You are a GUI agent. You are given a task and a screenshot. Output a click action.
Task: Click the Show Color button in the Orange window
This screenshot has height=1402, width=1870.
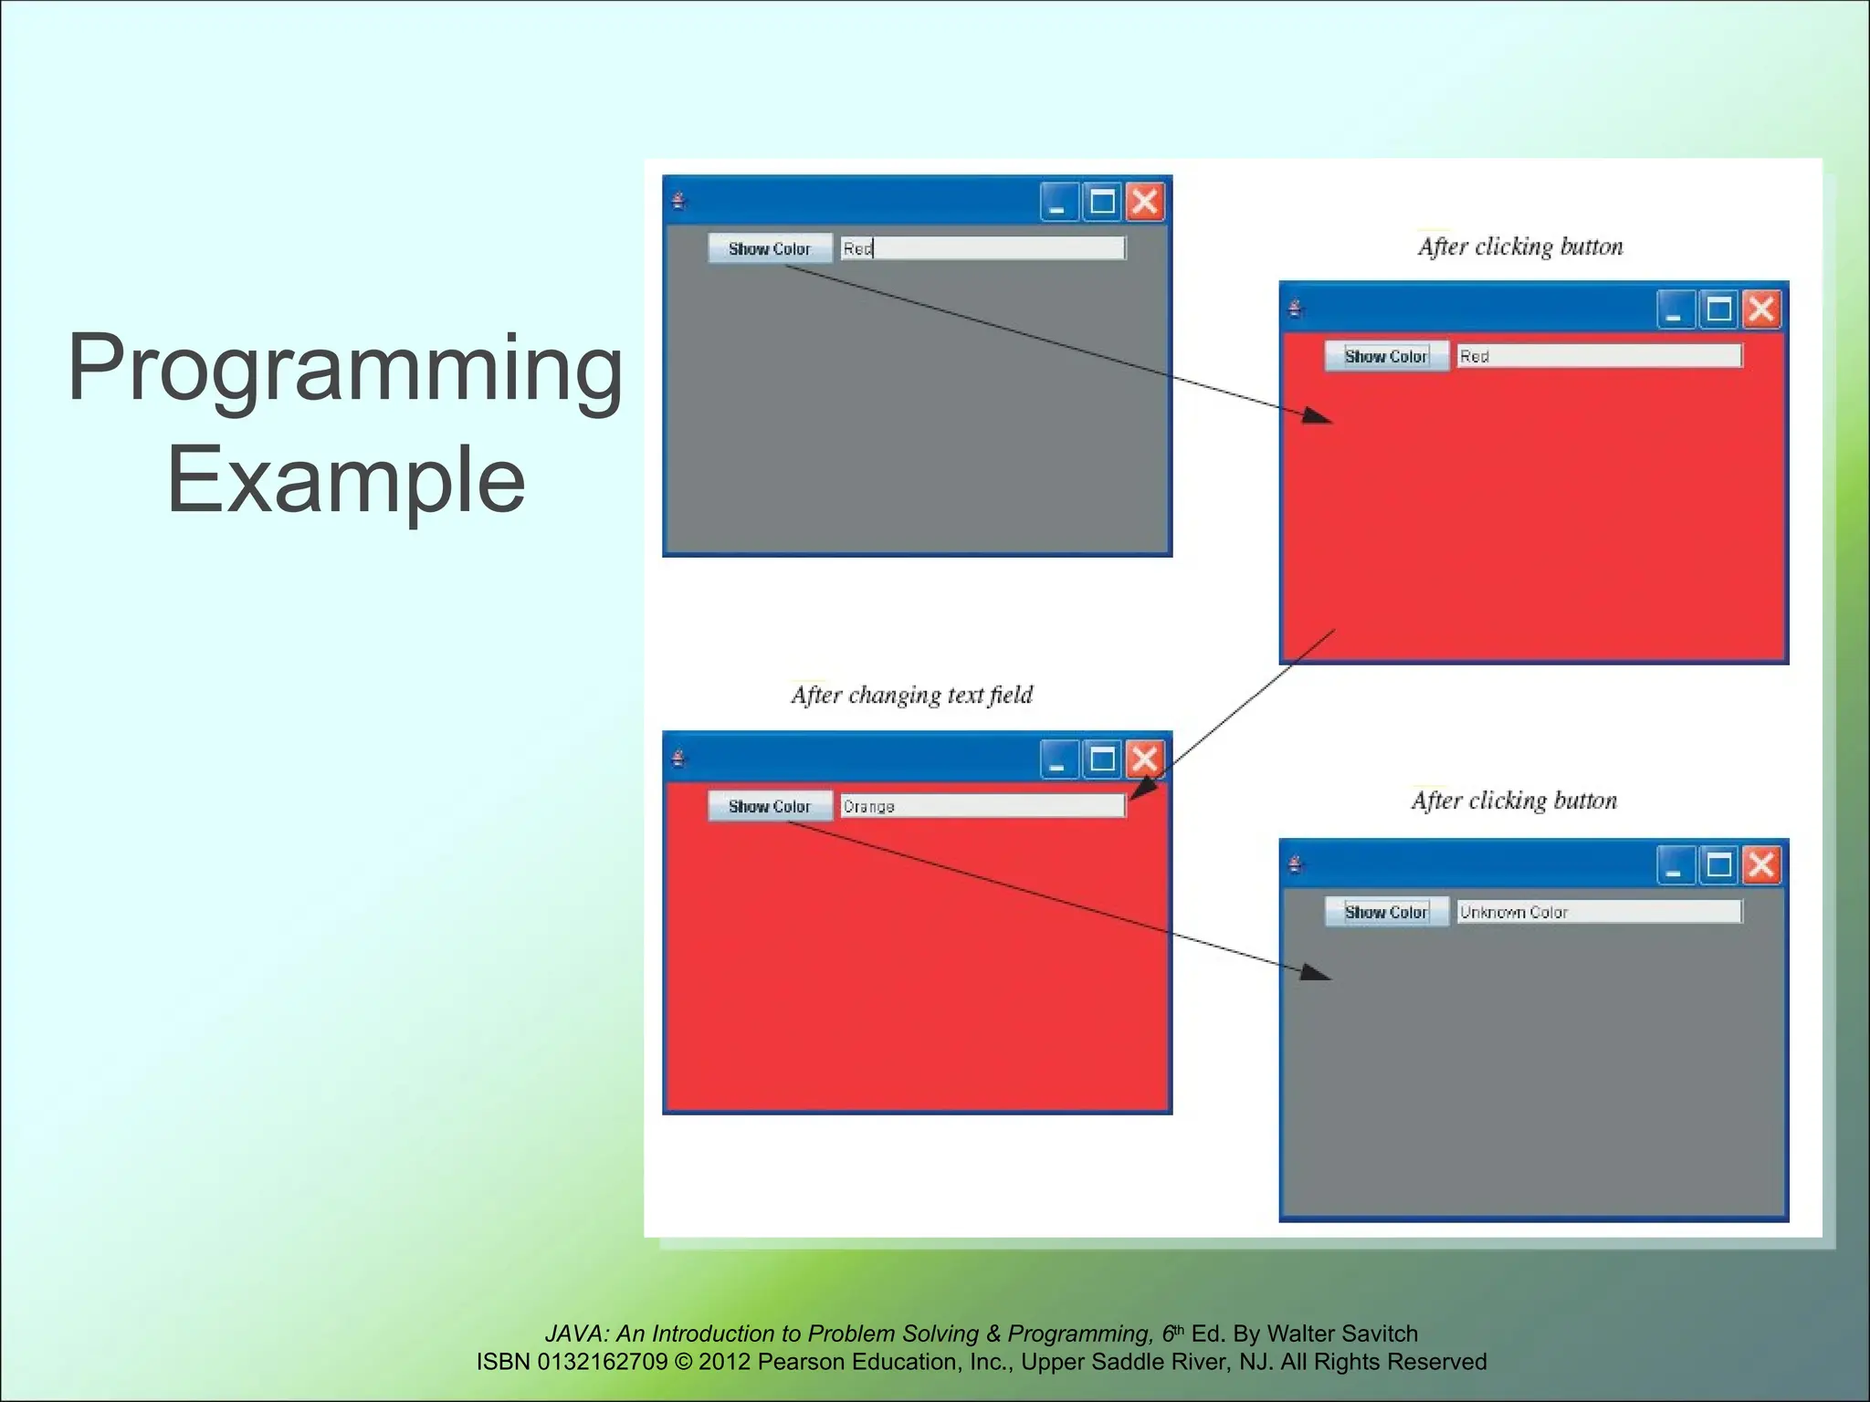tap(770, 806)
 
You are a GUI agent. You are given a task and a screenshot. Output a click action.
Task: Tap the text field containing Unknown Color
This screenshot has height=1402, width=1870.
tap(1598, 912)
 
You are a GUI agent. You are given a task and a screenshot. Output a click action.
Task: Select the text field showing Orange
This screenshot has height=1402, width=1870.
tap(982, 806)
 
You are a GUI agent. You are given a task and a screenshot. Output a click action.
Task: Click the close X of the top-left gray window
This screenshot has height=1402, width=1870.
tap(1145, 202)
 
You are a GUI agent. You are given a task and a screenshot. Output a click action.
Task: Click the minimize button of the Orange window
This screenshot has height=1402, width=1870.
tap(1059, 759)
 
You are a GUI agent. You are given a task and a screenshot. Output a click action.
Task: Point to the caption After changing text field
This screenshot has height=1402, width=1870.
tap(911, 696)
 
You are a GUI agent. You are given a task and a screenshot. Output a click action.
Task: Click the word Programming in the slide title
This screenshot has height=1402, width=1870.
tap(345, 370)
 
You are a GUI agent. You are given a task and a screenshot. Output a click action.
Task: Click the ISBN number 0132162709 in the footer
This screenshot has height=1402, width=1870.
tap(603, 1362)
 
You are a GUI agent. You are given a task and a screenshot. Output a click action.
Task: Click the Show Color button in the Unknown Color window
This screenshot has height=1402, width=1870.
tap(1386, 912)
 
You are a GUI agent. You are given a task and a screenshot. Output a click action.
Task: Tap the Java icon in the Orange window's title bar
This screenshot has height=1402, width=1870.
tap(678, 759)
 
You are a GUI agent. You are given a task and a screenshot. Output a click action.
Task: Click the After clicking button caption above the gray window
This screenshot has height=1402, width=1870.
tap(1514, 801)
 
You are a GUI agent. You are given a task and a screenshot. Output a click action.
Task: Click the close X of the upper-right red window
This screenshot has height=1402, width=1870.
tap(1761, 309)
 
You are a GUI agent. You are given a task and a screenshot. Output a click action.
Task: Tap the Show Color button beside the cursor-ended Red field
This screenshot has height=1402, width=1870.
tap(770, 248)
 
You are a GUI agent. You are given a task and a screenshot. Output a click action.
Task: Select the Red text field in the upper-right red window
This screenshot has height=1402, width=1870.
tap(1598, 356)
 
